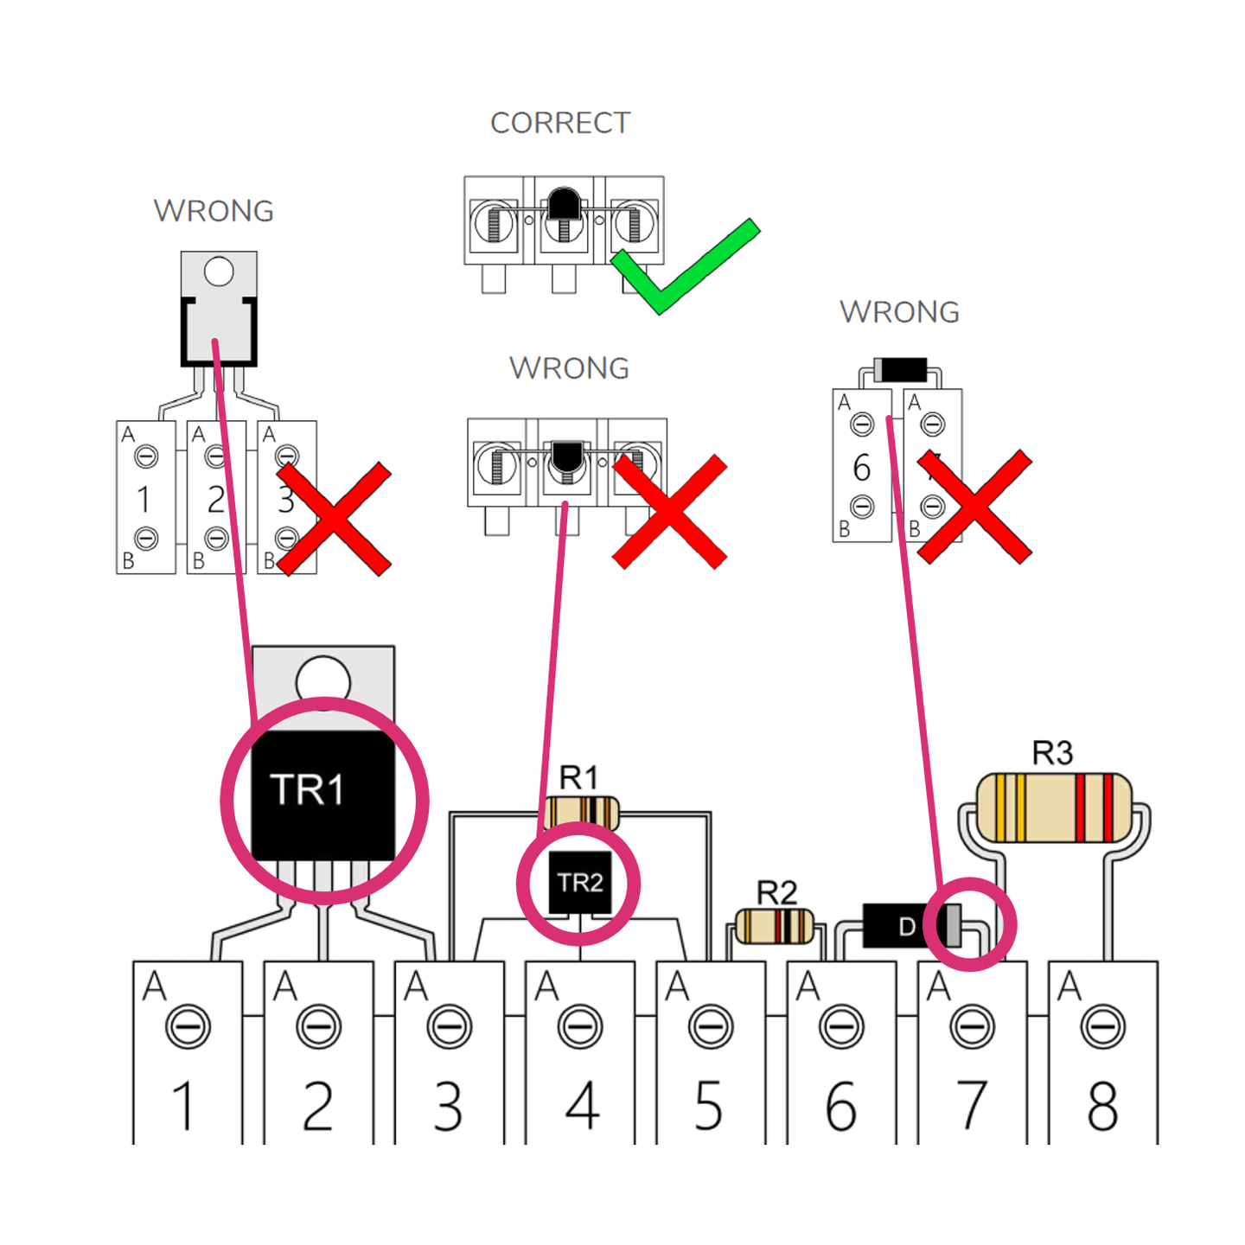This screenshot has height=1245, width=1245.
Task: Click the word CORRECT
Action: [x=560, y=123]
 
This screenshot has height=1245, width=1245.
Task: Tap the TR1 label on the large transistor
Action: [x=307, y=789]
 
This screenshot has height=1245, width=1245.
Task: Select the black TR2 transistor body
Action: [x=580, y=883]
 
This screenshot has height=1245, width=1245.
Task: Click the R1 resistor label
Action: [x=578, y=777]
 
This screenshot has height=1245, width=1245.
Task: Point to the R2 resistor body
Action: [x=775, y=927]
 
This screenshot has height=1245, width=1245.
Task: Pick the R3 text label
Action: [x=1052, y=753]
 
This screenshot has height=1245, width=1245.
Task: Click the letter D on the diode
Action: [x=906, y=927]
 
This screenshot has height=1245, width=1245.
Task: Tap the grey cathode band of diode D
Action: [x=953, y=926]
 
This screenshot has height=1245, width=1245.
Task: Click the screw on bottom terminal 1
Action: [x=188, y=1027]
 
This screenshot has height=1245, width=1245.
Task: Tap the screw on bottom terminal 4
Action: [x=580, y=1027]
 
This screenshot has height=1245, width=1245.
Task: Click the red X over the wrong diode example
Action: [x=974, y=507]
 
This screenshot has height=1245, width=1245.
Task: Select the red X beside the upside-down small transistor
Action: [x=669, y=511]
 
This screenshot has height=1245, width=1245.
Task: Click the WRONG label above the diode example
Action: [x=899, y=312]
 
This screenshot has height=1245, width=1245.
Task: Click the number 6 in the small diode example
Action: [x=861, y=468]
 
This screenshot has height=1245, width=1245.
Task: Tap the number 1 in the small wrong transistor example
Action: [x=144, y=500]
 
